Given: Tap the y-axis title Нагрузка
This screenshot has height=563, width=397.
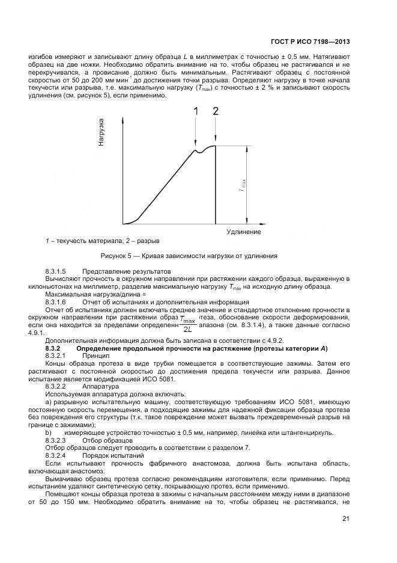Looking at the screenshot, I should (x=102, y=132).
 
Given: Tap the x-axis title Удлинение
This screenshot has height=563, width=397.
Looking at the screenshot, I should (x=244, y=232).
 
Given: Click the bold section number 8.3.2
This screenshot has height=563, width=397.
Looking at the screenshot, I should (x=55, y=349).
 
